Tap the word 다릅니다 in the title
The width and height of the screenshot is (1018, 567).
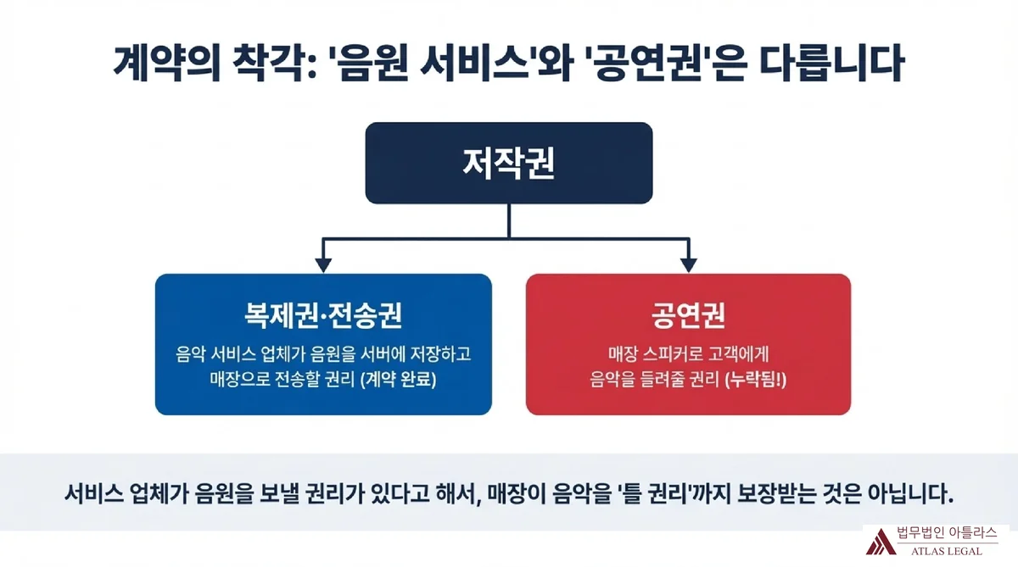831,63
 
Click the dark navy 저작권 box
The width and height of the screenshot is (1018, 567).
508,163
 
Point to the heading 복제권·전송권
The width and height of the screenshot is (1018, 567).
323,314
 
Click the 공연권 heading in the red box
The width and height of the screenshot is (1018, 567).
688,314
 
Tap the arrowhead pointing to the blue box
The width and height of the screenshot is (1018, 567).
323,265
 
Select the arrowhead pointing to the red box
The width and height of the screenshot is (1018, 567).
689,265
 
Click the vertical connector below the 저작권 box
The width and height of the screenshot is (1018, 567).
508,220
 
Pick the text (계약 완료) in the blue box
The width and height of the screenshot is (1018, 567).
398,379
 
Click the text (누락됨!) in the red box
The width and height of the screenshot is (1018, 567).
755,379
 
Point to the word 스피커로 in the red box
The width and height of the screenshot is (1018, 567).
673,354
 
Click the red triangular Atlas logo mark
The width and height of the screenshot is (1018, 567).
881,542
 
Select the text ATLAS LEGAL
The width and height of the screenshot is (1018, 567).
946,551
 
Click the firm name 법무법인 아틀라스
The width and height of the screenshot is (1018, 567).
947,532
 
